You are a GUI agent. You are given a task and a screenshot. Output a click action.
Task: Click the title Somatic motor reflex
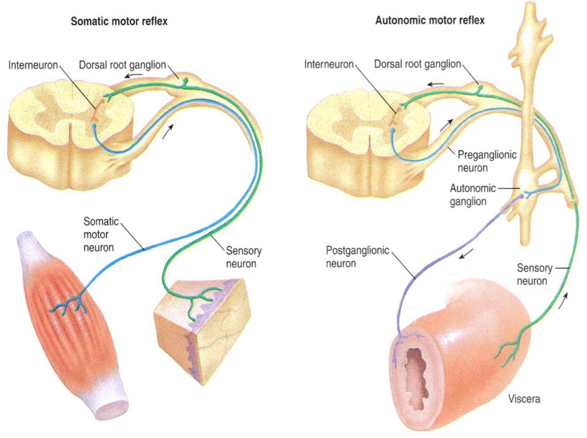pyautogui.click(x=119, y=21)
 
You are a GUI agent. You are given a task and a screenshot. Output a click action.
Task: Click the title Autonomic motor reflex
pyautogui.click(x=429, y=20)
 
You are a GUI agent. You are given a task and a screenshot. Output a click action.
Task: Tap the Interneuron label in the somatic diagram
pyautogui.click(x=33, y=66)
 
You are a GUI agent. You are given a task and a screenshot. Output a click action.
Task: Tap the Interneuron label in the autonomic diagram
pyautogui.click(x=329, y=65)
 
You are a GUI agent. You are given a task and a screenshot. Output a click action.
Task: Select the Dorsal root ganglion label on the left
pyautogui.click(x=122, y=65)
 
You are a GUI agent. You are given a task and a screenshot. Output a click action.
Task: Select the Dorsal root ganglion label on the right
pyautogui.click(x=417, y=64)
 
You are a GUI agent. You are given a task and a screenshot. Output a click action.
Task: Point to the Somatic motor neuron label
pyautogui.click(x=100, y=234)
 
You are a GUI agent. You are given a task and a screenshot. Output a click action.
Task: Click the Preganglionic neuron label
pyautogui.click(x=487, y=161)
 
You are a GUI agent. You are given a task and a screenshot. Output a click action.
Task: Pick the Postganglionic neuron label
pyautogui.click(x=357, y=257)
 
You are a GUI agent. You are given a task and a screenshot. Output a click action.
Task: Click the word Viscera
pyautogui.click(x=524, y=399)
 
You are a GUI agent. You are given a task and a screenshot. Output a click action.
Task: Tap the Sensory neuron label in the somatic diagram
pyautogui.click(x=243, y=257)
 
